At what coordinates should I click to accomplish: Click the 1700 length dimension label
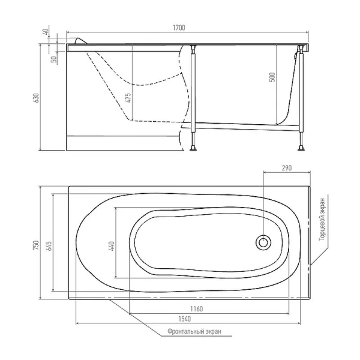click(179, 28)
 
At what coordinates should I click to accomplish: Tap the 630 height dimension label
click(37, 98)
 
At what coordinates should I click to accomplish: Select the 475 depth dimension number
click(128, 98)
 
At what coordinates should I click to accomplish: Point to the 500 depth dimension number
click(272, 77)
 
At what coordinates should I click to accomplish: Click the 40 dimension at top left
click(46, 31)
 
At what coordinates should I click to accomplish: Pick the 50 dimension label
click(54, 59)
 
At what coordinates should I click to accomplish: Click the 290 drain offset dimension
click(287, 168)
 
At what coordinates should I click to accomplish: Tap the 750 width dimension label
click(36, 245)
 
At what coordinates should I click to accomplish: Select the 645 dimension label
click(49, 246)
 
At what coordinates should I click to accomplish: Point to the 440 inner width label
click(112, 246)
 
